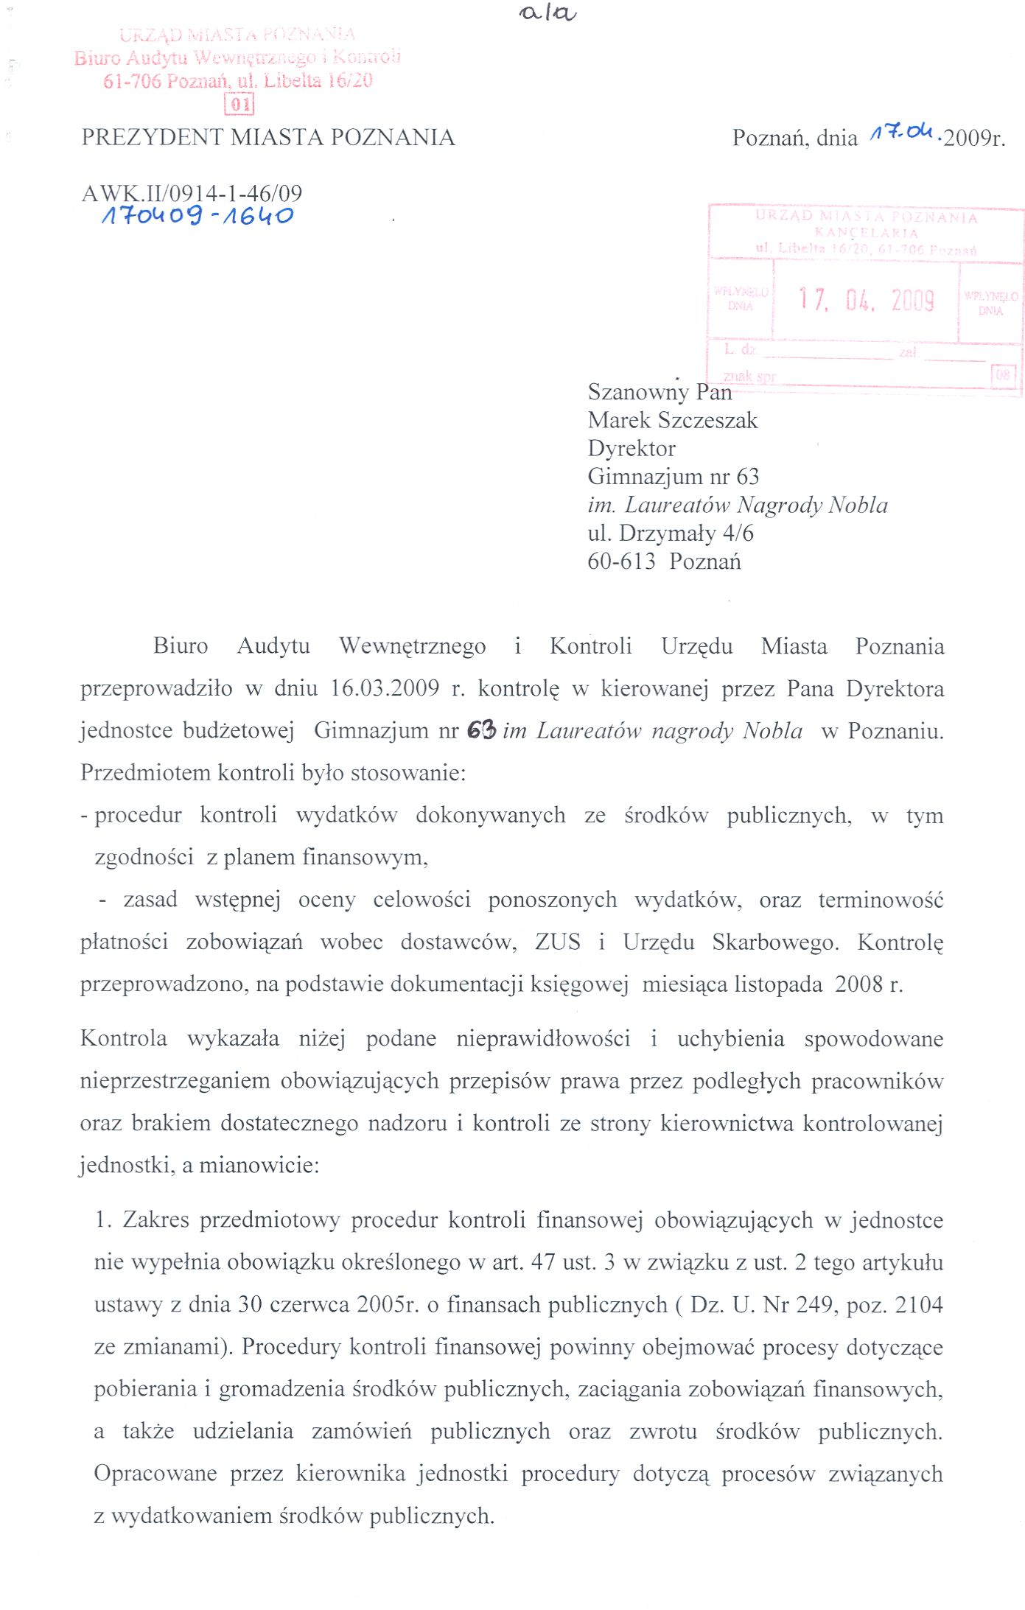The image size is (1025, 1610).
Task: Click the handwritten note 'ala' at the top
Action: pyautogui.click(x=548, y=13)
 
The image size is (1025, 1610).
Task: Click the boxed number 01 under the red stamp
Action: pyautogui.click(x=239, y=104)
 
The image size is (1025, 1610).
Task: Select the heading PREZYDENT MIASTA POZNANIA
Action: pyautogui.click(x=268, y=137)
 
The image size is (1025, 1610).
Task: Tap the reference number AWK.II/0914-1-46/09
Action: pyautogui.click(x=192, y=193)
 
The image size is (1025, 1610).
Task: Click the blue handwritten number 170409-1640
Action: pyautogui.click(x=197, y=216)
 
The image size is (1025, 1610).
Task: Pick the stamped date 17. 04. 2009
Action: pyautogui.click(x=867, y=300)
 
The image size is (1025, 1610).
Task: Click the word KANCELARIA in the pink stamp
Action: pyautogui.click(x=866, y=233)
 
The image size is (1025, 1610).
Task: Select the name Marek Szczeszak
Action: pyautogui.click(x=672, y=420)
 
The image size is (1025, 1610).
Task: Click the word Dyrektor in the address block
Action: pyautogui.click(x=632, y=448)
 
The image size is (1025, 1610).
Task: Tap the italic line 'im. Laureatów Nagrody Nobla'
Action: pyautogui.click(x=738, y=505)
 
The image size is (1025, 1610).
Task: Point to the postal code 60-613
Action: pyautogui.click(x=621, y=561)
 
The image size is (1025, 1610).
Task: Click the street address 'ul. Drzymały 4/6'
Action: pyautogui.click(x=671, y=533)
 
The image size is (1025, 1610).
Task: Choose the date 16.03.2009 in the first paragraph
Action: pyautogui.click(x=385, y=688)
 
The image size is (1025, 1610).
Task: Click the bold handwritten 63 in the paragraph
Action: pyautogui.click(x=481, y=730)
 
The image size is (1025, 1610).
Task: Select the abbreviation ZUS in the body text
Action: pyautogui.click(x=557, y=942)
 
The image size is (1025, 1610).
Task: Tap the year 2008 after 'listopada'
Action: pyautogui.click(x=858, y=984)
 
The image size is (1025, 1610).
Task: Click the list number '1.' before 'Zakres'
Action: pyautogui.click(x=103, y=1220)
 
